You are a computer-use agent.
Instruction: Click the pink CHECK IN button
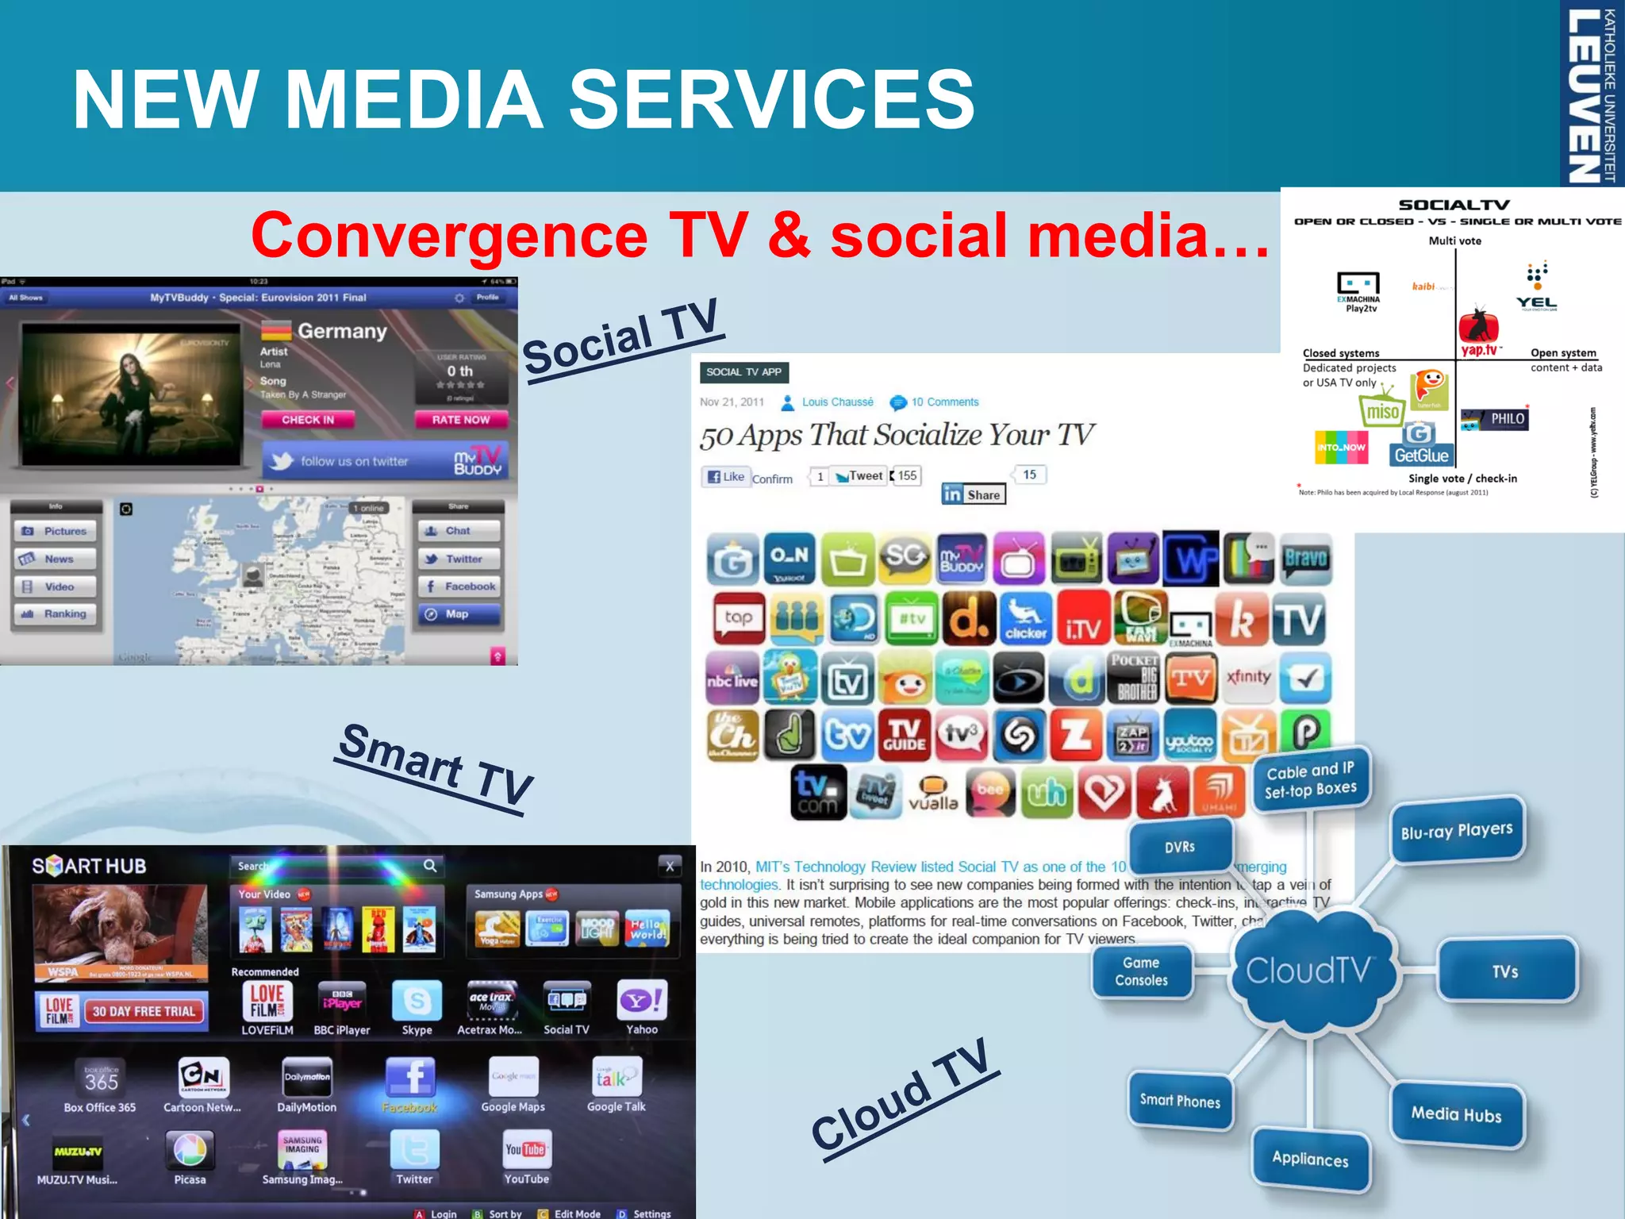coord(308,420)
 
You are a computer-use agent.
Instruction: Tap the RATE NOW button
coord(460,420)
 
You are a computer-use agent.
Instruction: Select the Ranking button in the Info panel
coord(55,614)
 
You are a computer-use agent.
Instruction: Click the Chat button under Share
coord(458,531)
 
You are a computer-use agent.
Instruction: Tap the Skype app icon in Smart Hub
coord(417,1002)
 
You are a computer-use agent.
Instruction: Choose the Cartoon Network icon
coord(203,1077)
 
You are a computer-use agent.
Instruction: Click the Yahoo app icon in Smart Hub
coord(641,1002)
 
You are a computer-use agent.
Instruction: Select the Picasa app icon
coord(190,1149)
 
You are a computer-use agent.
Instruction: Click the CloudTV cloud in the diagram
coord(1309,971)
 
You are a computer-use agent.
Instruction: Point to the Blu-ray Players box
coord(1457,831)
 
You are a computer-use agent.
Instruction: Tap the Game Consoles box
coord(1141,971)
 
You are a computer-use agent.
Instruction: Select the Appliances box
coord(1310,1159)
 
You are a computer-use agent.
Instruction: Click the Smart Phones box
coord(1180,1101)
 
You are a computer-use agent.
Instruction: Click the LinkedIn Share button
coord(974,494)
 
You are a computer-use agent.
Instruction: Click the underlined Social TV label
coord(621,340)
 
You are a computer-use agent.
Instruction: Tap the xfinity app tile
coord(1248,677)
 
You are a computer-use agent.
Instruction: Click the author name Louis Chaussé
coord(837,402)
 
